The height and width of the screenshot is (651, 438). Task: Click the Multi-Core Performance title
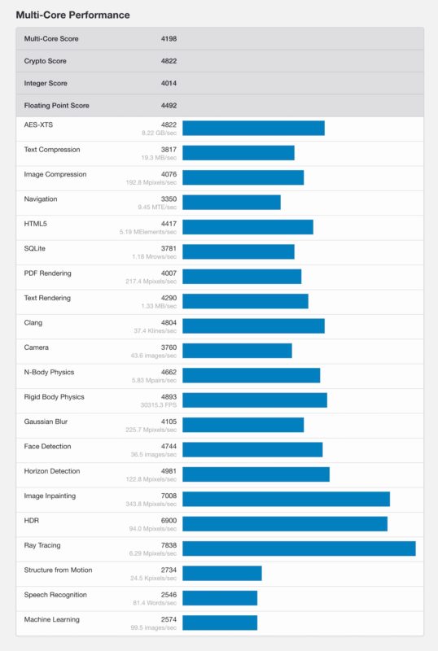pos(72,15)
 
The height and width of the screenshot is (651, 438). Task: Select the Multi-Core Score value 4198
pos(169,38)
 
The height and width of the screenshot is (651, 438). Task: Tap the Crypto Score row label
pos(46,61)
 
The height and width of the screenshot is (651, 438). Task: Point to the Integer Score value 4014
pos(169,83)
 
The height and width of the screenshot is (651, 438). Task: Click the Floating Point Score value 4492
pos(169,105)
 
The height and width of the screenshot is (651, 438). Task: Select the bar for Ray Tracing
pos(299,548)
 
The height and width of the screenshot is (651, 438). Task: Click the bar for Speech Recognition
pos(220,598)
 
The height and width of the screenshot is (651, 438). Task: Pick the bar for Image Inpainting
pos(286,499)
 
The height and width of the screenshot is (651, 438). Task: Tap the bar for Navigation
pos(231,202)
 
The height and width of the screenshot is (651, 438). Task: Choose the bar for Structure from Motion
pos(221,573)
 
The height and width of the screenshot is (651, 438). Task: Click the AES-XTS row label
pos(41,125)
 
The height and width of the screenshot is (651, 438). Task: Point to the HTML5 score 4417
pos(169,224)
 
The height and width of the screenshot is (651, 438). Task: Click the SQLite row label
pos(37,248)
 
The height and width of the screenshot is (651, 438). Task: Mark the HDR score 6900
pos(169,521)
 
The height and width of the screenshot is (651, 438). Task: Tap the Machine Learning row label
pos(52,619)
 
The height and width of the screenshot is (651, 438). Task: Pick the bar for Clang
pos(253,325)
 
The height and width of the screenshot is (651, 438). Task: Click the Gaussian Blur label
pos(47,422)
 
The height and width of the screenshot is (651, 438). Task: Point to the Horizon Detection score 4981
pos(169,471)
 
